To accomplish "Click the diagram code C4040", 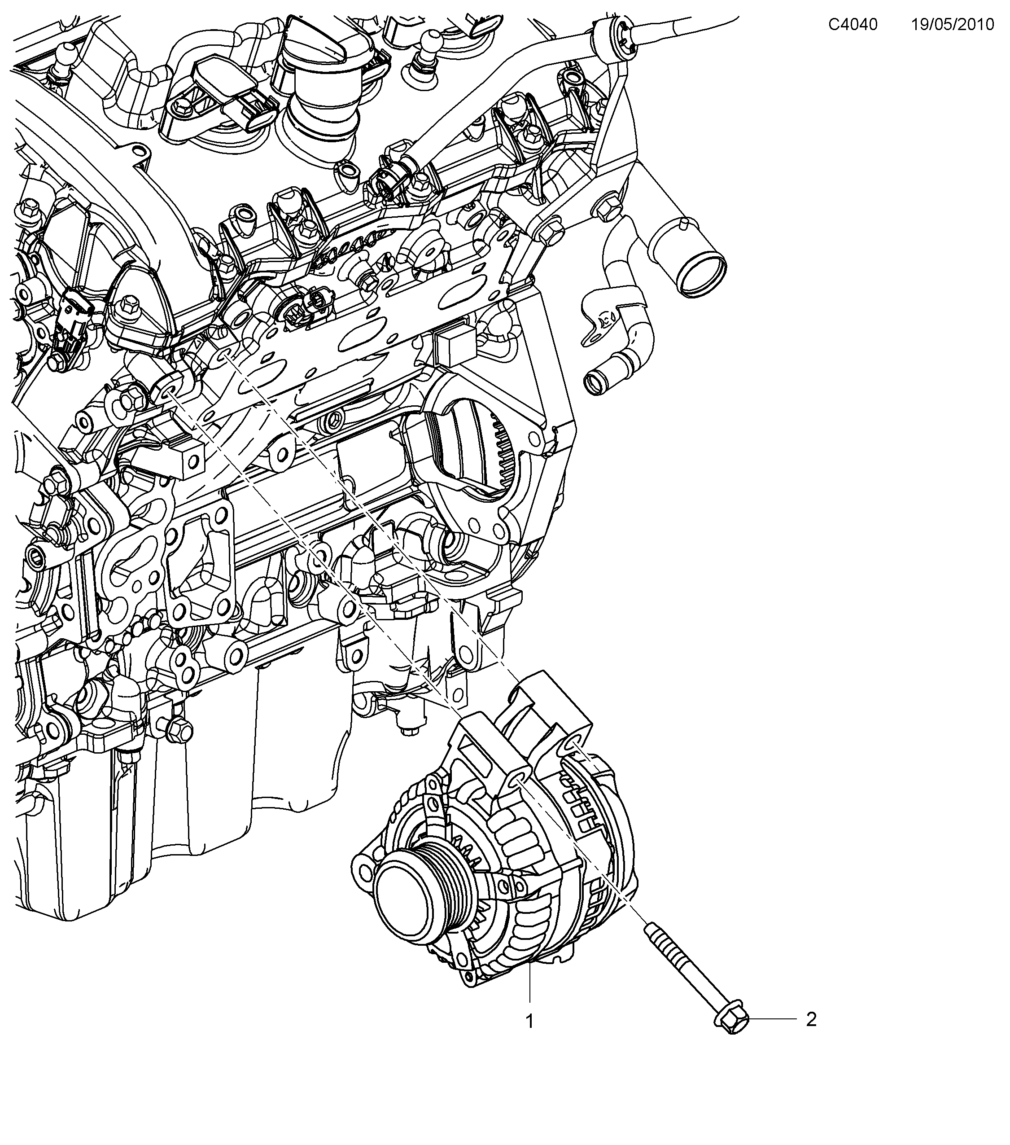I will (x=853, y=25).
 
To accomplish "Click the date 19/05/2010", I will (x=952, y=25).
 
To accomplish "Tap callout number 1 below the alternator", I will (x=529, y=1021).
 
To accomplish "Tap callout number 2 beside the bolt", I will (x=811, y=1019).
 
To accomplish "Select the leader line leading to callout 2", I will (x=773, y=1019).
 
